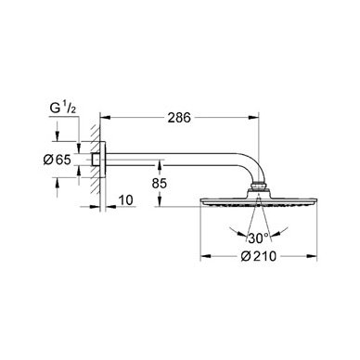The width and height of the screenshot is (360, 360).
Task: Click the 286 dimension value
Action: (179, 118)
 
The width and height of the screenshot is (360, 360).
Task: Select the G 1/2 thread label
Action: (63, 109)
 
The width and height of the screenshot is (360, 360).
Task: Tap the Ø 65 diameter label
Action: (57, 160)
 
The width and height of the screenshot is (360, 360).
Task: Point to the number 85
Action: (160, 184)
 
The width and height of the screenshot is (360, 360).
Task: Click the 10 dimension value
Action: (126, 200)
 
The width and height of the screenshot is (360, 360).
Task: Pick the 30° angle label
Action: (258, 238)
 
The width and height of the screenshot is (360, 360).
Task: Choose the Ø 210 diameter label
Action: (259, 256)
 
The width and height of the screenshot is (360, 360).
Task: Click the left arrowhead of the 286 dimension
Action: (106, 117)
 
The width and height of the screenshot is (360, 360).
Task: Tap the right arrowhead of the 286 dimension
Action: (253, 117)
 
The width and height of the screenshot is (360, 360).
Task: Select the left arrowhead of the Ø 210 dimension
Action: (206, 256)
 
